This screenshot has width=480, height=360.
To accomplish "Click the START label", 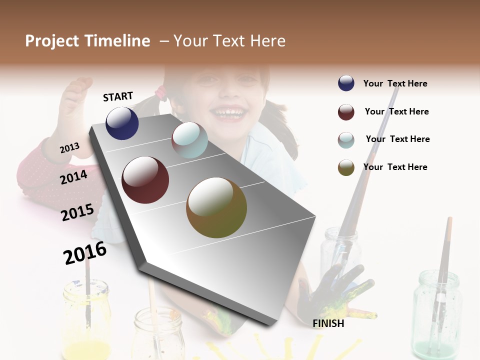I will pos(118,96).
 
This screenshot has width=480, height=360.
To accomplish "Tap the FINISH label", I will pos(328,323).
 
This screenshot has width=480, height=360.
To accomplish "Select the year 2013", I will pos(70,147).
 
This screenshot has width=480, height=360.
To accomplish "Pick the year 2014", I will pos(74,177).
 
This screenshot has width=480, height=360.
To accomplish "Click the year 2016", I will pos(85,252).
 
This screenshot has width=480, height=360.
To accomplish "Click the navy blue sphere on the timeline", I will pos(122,123).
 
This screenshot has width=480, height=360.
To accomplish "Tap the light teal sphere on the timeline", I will pos(189,140).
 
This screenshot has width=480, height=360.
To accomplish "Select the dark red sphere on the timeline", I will pos(145,180).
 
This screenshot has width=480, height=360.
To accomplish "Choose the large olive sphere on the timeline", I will pos(216,207).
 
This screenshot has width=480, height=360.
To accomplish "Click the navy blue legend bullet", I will pos(346,83).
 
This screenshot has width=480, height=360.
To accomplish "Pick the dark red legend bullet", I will pos(346,112).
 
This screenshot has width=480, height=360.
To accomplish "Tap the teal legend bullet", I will pos(346,139).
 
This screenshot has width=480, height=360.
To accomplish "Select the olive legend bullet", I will pos(346,167).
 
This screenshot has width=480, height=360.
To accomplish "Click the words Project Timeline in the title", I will pos(87,41).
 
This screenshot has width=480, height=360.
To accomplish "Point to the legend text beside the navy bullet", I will pos(395,83).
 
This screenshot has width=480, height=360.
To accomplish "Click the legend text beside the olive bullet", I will pos(395,167).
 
